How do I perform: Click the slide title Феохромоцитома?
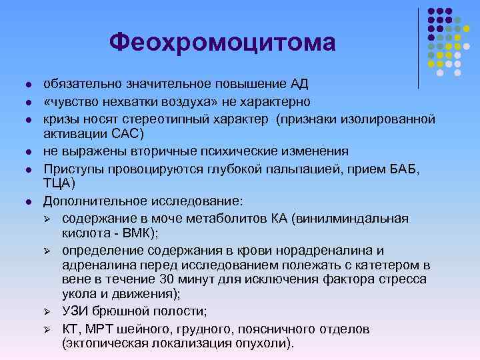click(223, 43)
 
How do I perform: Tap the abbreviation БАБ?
click(402, 168)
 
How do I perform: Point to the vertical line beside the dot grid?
click(418, 47)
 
